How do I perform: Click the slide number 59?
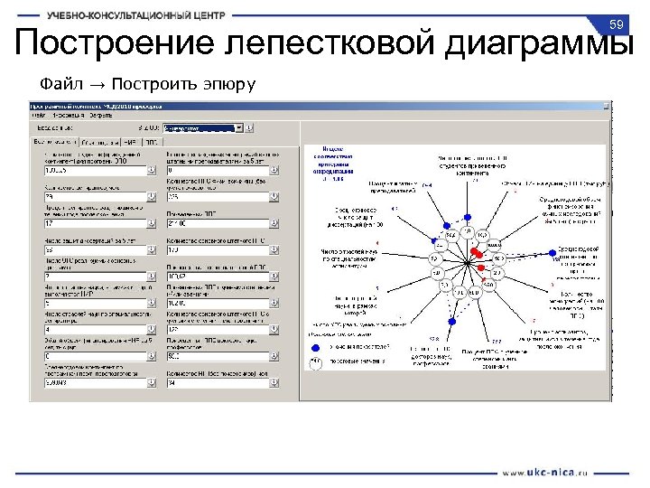click(x=617, y=23)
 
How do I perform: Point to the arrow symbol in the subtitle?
click(x=97, y=85)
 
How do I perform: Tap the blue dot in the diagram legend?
click(x=316, y=346)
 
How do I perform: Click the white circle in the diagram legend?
click(x=316, y=361)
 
